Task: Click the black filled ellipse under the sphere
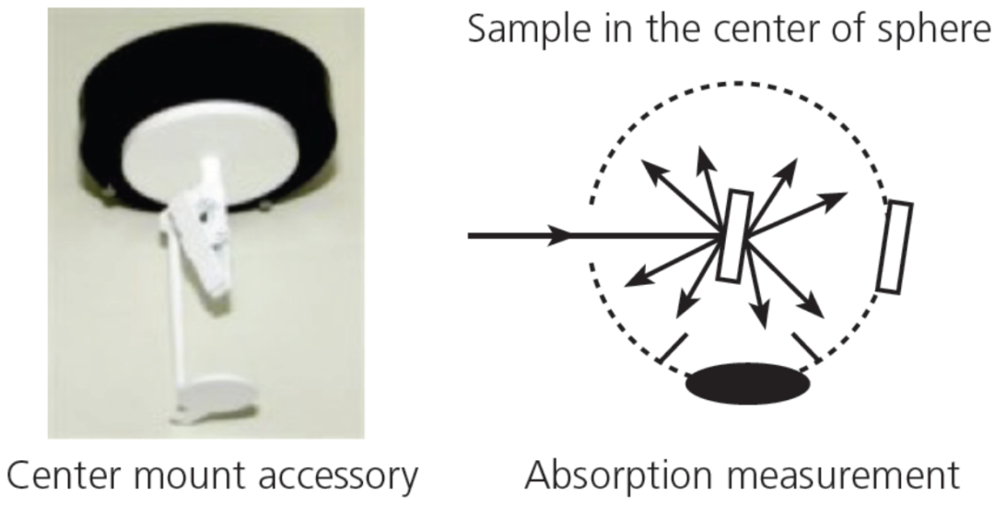pyautogui.click(x=748, y=384)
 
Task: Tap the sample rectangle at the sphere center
pyautogui.click(x=735, y=236)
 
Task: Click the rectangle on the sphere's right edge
pyautogui.click(x=895, y=247)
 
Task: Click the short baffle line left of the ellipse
pyautogui.click(x=672, y=349)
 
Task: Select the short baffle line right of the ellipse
pyautogui.click(x=807, y=348)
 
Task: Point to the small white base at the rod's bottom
pyautogui.click(x=213, y=400)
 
